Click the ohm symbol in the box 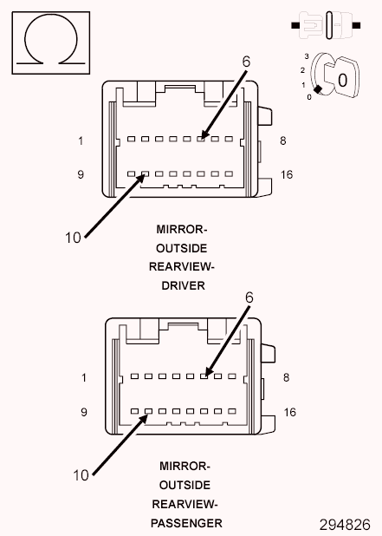tap(50, 41)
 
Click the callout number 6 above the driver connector tap(245, 62)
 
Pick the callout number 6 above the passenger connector tap(249, 297)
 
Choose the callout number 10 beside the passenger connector tap(81, 474)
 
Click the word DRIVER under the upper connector tap(182, 286)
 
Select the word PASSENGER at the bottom tap(185, 523)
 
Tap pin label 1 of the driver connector tap(81, 141)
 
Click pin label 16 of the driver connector tap(287, 174)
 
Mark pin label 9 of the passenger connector tap(84, 412)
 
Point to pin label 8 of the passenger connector tap(286, 378)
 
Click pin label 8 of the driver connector tap(283, 141)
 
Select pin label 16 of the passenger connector tap(289, 412)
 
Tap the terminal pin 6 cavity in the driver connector tap(201, 139)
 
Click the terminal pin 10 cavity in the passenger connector tap(147, 409)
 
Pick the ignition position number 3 tap(306, 56)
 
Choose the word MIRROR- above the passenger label tap(184, 466)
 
